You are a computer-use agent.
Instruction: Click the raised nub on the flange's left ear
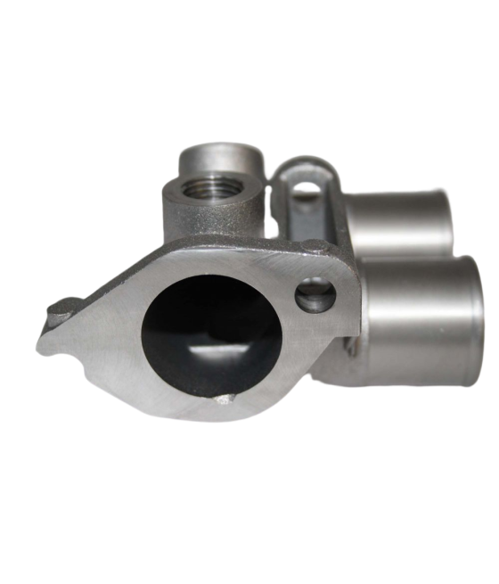[x=59, y=308]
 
